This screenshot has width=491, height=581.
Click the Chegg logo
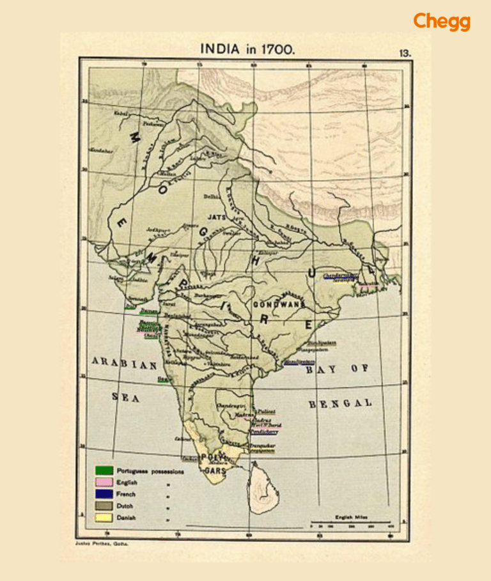click(x=441, y=22)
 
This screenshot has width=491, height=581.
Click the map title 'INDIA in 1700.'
click(x=247, y=49)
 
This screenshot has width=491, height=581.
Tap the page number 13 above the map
click(x=405, y=54)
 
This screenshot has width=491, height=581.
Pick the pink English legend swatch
click(x=104, y=483)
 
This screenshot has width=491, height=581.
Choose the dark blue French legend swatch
click(x=104, y=495)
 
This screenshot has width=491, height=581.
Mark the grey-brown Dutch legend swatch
click(x=104, y=506)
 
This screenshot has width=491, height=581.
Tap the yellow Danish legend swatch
click(x=104, y=518)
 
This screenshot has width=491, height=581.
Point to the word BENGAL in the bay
click(x=340, y=403)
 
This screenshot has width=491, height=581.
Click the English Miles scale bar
click(x=350, y=523)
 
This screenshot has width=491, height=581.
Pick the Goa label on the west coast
click(x=164, y=379)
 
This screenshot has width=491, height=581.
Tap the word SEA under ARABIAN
click(x=125, y=398)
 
